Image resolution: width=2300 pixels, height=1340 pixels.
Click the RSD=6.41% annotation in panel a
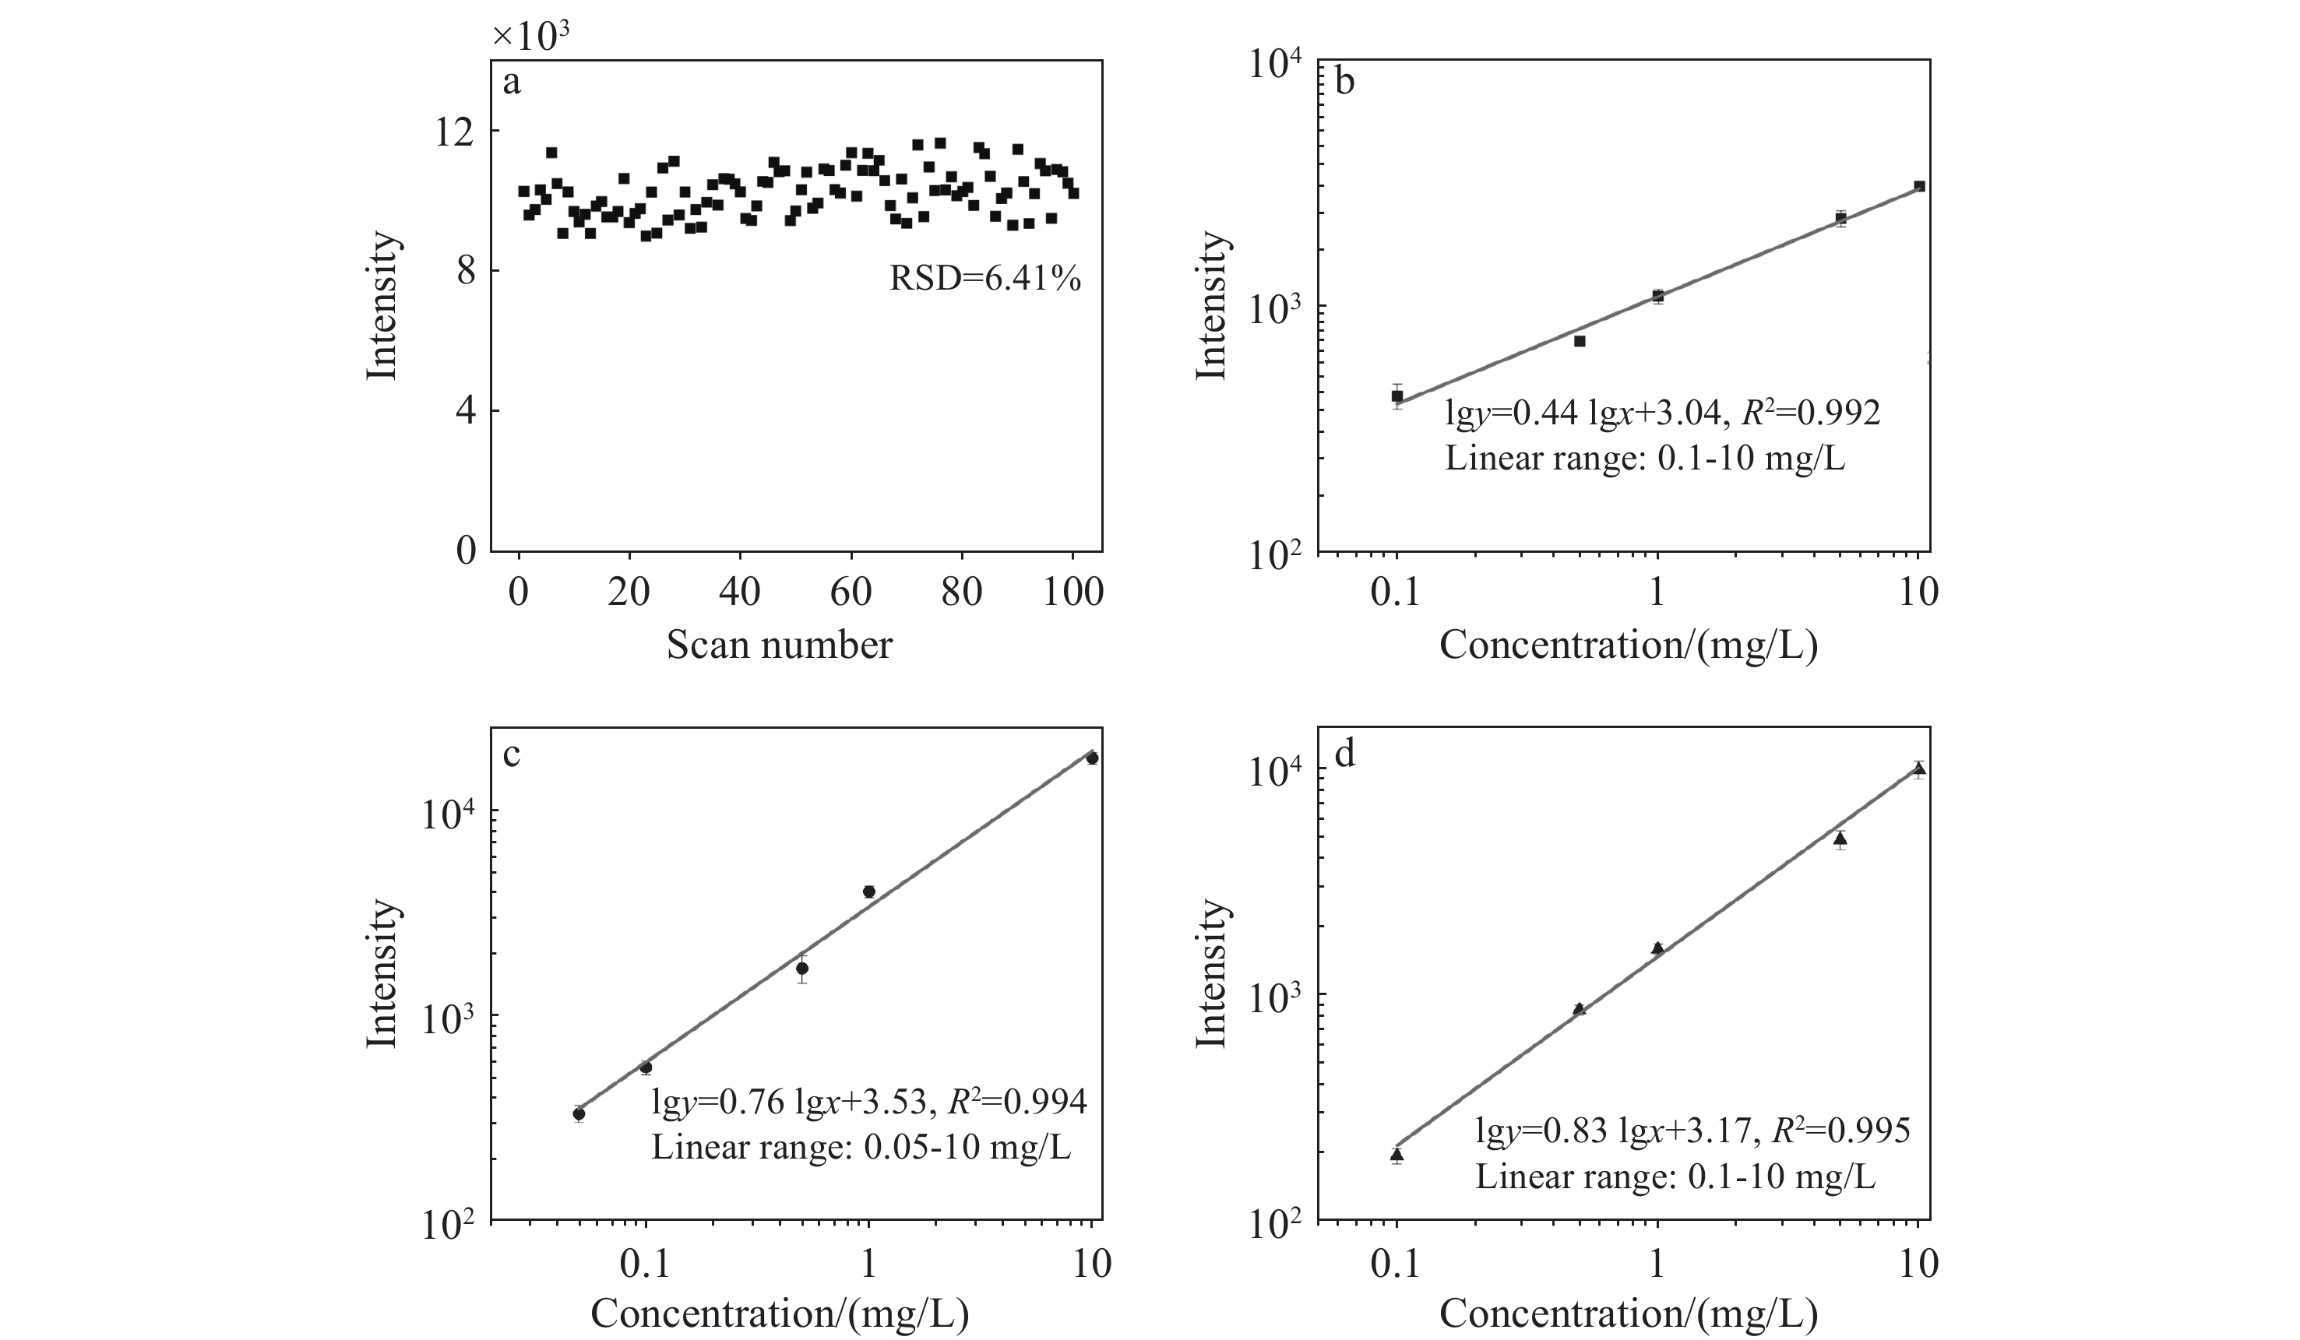tap(984, 277)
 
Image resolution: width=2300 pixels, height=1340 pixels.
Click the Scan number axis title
tap(779, 645)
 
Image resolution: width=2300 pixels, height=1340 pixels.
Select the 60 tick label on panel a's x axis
tap(851, 593)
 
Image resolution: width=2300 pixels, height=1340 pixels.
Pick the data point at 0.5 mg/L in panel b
tap(1580, 341)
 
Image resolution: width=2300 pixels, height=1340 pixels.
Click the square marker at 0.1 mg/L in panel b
tap(1397, 396)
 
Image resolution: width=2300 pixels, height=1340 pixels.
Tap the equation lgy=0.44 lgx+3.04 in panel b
tap(1583, 413)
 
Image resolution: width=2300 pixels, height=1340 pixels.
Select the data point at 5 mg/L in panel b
tap(1841, 218)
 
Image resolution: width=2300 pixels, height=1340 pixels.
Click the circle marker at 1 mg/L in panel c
tap(869, 892)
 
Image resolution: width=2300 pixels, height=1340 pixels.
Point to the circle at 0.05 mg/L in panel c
tap(579, 1113)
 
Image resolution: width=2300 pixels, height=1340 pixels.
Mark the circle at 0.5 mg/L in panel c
tap(802, 968)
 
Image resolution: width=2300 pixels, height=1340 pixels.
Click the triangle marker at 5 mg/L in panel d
tap(1841, 839)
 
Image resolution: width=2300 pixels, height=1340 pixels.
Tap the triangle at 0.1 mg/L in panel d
tap(1397, 1155)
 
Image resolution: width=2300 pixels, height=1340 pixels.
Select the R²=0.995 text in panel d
tap(1840, 1131)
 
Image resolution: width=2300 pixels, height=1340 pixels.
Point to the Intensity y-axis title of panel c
tap(382, 973)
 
